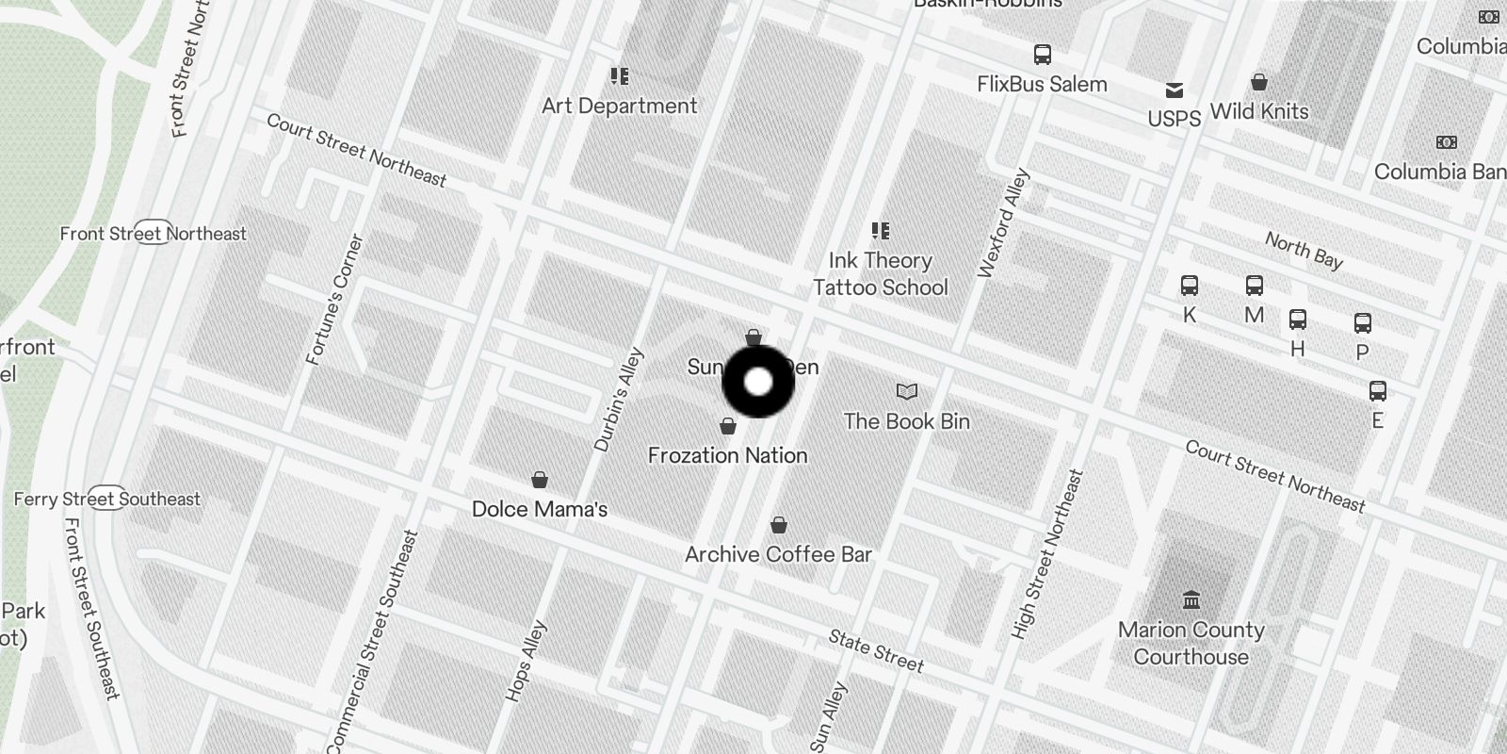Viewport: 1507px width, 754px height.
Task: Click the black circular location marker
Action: coord(758,382)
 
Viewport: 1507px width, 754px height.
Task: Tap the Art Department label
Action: coord(619,106)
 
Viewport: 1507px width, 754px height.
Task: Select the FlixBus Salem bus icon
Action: coord(1042,55)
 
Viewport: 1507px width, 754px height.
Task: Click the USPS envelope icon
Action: coord(1174,90)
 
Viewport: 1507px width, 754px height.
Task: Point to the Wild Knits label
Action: coord(1258,111)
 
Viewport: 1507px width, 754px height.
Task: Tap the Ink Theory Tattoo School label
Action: coord(880,273)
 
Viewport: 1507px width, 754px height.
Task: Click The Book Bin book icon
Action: coord(906,391)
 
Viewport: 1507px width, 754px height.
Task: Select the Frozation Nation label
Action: coord(727,455)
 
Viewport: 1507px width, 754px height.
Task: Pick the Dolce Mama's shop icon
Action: coord(540,481)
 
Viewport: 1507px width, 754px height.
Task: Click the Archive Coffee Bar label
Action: coord(778,554)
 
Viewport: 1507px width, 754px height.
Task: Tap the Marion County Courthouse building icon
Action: coord(1191,599)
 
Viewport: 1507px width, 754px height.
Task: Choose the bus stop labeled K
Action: coord(1190,286)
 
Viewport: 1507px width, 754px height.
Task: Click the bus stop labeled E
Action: coord(1377,391)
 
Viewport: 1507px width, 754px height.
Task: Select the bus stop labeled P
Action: coord(1362,324)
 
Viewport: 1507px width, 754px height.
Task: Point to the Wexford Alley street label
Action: coord(1004,223)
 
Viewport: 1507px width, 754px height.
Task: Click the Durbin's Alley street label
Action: coord(619,399)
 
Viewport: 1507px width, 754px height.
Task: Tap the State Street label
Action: coord(876,651)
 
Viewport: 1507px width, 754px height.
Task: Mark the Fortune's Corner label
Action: coord(335,300)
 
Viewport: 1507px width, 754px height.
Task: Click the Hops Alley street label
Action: coord(526,661)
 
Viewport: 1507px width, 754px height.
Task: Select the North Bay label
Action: coord(1304,251)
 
